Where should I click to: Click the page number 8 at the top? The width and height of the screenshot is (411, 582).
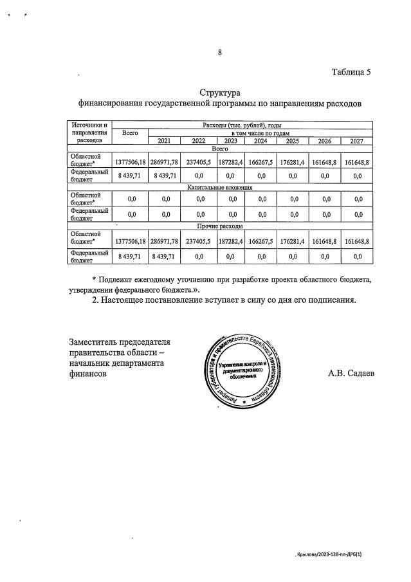(x=219, y=53)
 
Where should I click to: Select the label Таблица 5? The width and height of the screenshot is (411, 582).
(x=351, y=71)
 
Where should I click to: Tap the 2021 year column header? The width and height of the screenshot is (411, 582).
(x=164, y=141)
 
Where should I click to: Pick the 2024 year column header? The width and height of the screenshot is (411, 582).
(x=260, y=141)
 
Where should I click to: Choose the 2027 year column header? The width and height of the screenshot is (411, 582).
(x=358, y=141)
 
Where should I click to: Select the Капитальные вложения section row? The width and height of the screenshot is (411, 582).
(x=219, y=188)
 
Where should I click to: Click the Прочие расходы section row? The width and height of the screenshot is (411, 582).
(x=219, y=227)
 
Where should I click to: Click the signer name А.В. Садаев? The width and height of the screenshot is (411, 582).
(x=352, y=372)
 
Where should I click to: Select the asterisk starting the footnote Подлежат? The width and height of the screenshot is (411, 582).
(x=95, y=279)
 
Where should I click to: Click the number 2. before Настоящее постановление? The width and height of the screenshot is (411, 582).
(x=96, y=300)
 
